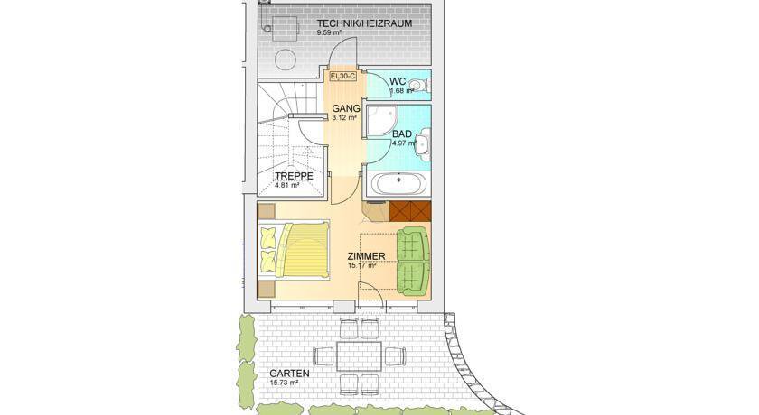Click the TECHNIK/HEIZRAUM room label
coord(364,23)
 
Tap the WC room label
coord(398,82)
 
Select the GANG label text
coord(345,108)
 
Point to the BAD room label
coord(402,134)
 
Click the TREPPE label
coord(295,176)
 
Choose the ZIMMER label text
coord(367,256)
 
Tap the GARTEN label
coord(289,373)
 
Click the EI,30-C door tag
coord(343,77)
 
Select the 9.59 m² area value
coord(330,32)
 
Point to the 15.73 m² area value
coord(284,383)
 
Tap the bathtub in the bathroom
coord(398,182)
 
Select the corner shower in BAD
coord(382,119)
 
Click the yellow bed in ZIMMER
coord(294,250)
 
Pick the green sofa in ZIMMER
coord(413,261)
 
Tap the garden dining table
coord(360,356)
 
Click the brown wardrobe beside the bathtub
coord(410,209)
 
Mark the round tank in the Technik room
coord(286,60)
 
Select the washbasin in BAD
coord(423,143)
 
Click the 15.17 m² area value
coord(361,264)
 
